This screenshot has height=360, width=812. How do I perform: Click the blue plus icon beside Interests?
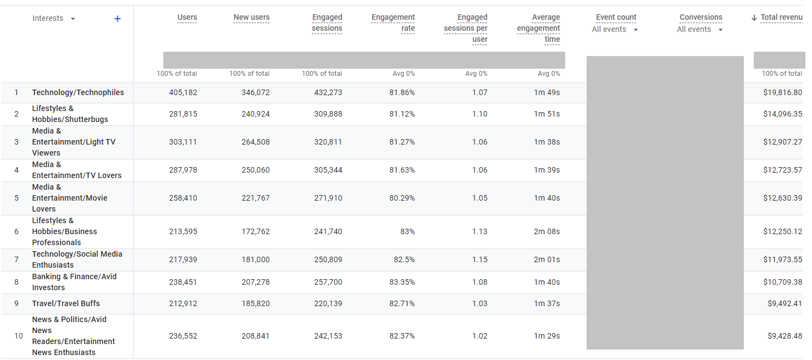coord(117,19)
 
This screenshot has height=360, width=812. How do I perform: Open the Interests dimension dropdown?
coord(73,19)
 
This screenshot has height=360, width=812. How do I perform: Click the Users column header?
coord(187,18)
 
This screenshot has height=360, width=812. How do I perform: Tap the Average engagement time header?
coord(538,29)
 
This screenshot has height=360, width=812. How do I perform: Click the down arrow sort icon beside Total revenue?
coord(754,18)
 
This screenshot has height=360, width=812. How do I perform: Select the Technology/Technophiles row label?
coord(78,92)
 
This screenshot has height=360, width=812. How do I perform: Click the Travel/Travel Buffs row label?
coord(66,303)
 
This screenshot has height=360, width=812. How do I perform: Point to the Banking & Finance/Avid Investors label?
coord(74,282)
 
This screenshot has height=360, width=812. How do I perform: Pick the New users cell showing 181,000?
coord(256,259)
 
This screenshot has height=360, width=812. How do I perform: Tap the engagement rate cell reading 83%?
coord(407,231)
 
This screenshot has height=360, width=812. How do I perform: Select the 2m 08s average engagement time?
coord(546,231)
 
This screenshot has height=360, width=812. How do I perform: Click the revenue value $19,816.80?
coord(782,92)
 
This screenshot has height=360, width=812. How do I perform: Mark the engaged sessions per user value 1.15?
coord(479,259)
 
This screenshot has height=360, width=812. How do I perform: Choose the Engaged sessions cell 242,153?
coord(328,336)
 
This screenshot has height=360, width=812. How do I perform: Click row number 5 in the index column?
coord(16,198)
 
